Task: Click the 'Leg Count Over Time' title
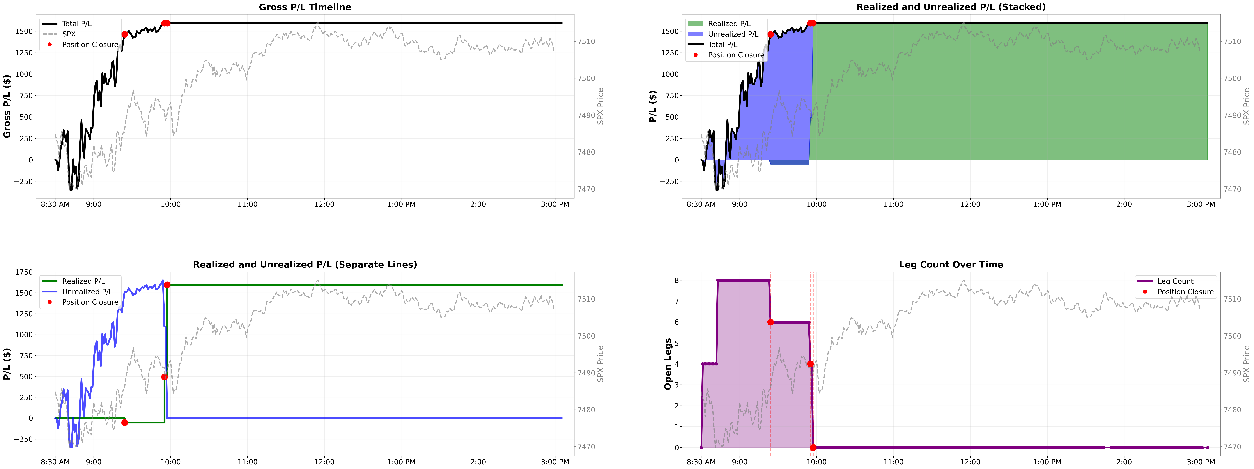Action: pyautogui.click(x=951, y=264)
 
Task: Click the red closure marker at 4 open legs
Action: pyautogui.click(x=810, y=364)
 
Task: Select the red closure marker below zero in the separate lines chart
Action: pyautogui.click(x=125, y=422)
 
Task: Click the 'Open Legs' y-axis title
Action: pyautogui.click(x=668, y=364)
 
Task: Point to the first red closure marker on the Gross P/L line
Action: pyautogui.click(x=125, y=34)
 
